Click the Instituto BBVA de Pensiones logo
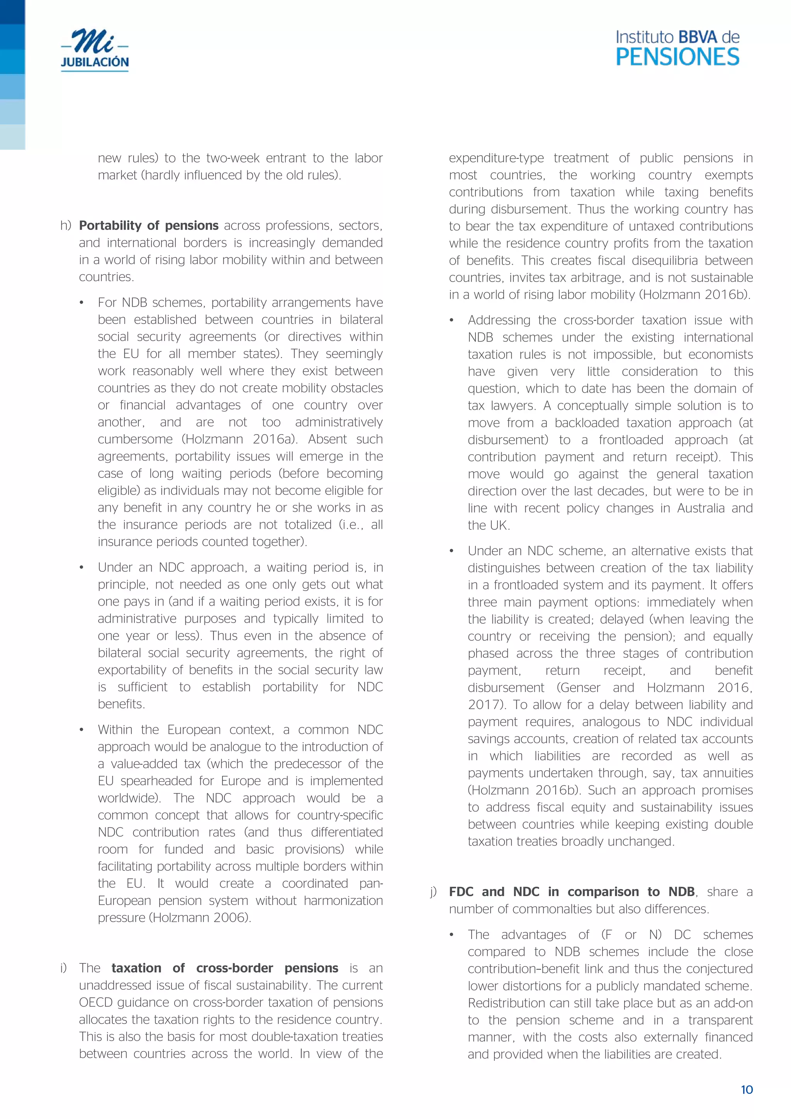click(677, 48)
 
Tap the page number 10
click(747, 1090)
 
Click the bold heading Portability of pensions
click(149, 225)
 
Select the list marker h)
click(66, 225)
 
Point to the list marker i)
click(63, 968)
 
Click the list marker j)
click(433, 891)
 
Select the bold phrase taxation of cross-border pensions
click(225, 968)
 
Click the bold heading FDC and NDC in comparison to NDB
click(571, 891)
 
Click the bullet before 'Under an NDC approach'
click(82, 568)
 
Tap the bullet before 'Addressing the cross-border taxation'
click(452, 321)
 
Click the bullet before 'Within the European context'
click(82, 730)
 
